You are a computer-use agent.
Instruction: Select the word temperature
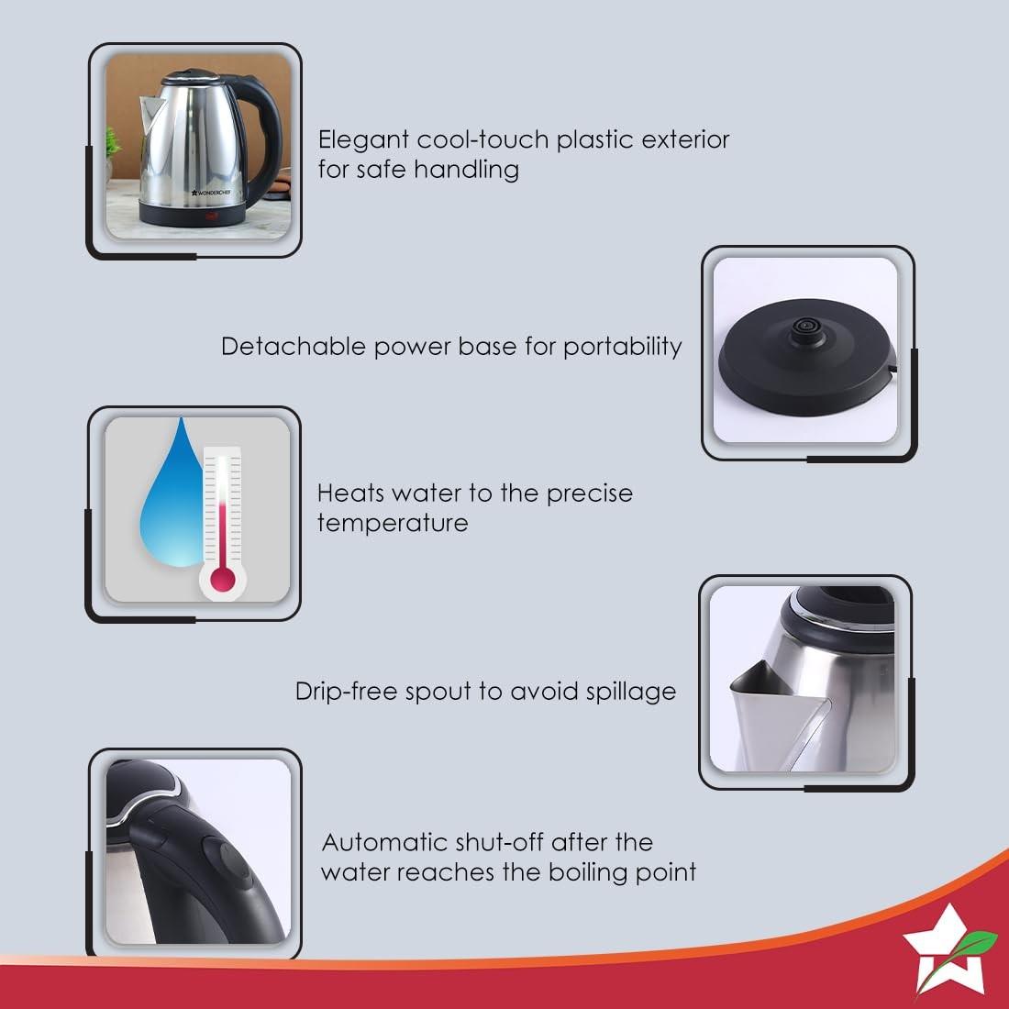[393, 523]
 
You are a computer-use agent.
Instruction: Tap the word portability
[622, 348]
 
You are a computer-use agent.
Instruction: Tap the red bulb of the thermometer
[223, 579]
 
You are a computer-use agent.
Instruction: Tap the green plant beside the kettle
[113, 144]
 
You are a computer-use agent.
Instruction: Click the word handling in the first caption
[467, 171]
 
